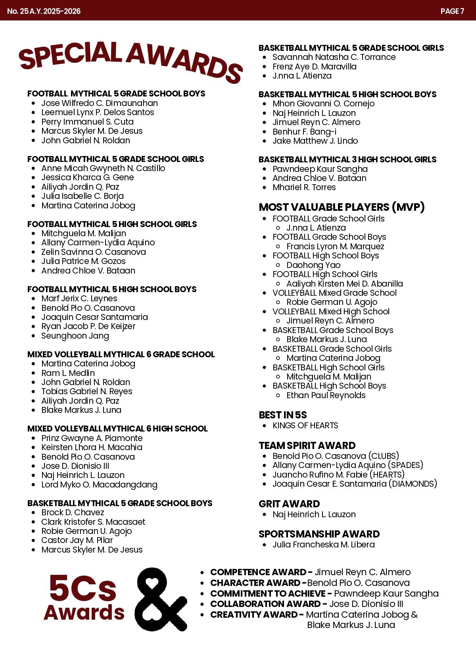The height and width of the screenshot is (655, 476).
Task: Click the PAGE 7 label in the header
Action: point(452,11)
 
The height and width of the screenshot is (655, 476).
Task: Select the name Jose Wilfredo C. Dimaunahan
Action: point(100,103)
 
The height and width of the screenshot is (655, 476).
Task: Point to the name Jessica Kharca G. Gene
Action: point(87,177)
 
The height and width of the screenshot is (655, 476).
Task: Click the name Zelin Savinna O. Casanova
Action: point(94,252)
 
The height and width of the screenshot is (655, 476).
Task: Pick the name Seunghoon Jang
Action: point(75,336)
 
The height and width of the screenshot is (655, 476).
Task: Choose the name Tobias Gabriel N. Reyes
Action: point(87,391)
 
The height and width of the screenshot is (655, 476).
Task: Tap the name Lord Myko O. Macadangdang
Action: point(99,485)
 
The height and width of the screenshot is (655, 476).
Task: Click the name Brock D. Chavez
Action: point(73,512)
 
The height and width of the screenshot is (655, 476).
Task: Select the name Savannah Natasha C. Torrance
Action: point(334,57)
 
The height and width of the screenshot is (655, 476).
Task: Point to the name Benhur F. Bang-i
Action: point(304,132)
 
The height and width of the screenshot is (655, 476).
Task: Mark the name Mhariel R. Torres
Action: point(304,187)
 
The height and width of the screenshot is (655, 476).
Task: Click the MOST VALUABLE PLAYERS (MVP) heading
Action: point(342,207)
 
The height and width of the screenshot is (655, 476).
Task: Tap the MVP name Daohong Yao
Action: point(313,265)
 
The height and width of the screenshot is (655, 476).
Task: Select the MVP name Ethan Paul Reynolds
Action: point(326,395)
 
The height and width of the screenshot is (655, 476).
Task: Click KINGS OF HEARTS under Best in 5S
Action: point(305,426)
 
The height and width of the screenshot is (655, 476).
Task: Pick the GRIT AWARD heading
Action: point(289,504)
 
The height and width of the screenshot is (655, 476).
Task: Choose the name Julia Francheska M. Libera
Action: point(323,545)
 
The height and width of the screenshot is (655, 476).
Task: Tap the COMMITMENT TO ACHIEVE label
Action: point(268,593)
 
